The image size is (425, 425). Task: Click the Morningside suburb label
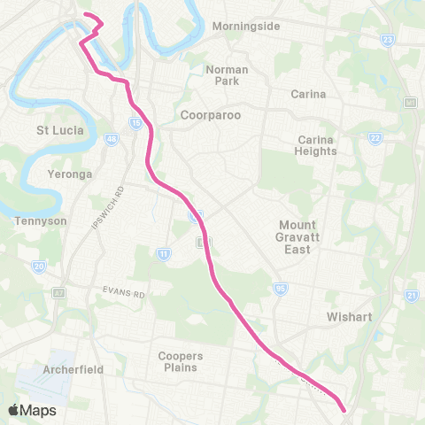click(x=245, y=27)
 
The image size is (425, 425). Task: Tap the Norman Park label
click(x=227, y=75)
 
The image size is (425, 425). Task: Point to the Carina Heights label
click(x=317, y=145)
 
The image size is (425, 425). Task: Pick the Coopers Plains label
click(x=181, y=361)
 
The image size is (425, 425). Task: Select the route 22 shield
click(x=375, y=138)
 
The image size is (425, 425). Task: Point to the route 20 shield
click(x=38, y=266)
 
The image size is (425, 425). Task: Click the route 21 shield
click(x=411, y=295)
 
